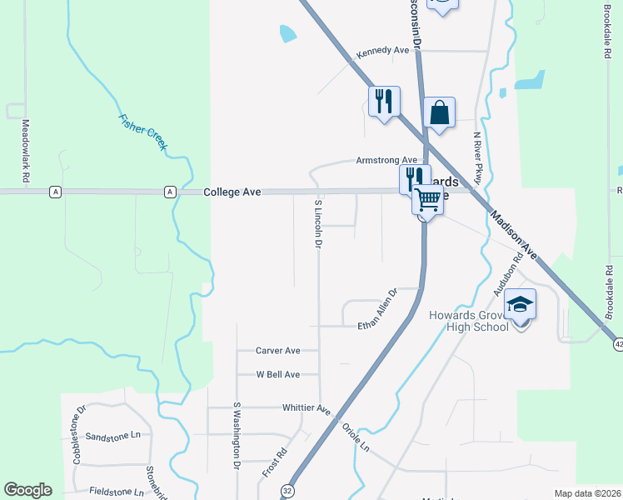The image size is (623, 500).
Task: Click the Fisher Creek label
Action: pos(143,132)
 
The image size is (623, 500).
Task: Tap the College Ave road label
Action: pos(233,192)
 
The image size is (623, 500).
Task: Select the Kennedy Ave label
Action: pos(383,51)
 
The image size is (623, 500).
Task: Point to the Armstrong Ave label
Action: pos(386,160)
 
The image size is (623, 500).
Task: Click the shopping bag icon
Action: pos(439,113)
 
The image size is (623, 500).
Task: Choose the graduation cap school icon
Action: pos(521,305)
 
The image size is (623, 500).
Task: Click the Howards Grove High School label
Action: pos(469,321)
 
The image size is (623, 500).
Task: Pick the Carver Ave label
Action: pos(277,351)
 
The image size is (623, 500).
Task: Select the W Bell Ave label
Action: pos(277,375)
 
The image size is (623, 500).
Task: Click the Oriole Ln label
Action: pos(356,437)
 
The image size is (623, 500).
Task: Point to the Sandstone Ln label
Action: pos(112,437)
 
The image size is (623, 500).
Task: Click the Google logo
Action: pos(27,490)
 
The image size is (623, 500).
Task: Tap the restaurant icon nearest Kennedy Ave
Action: pos(384,102)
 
